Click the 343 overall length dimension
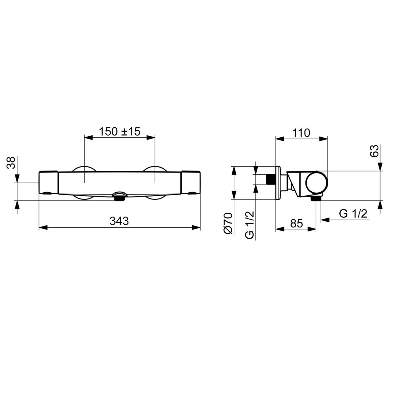click(119, 221)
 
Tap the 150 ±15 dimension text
click(119, 132)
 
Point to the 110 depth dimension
click(301, 133)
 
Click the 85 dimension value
click(296, 223)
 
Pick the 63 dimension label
click(374, 151)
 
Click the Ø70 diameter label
click(228, 223)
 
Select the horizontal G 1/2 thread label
click(353, 214)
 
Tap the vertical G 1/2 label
click(250, 225)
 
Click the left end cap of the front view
click(48, 182)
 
